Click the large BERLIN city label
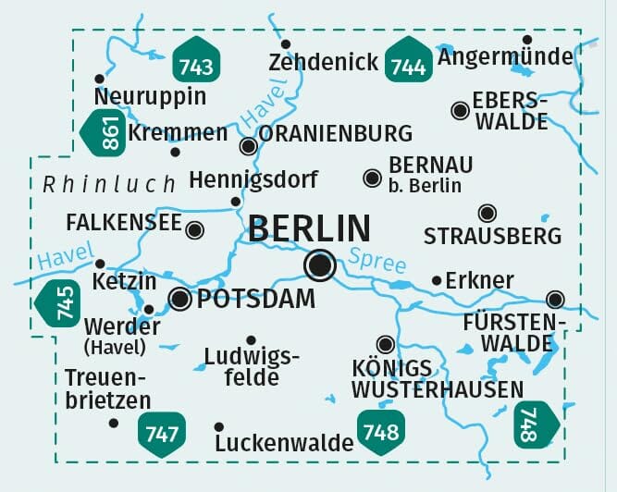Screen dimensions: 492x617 (x=310, y=228)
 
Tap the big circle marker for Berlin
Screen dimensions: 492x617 (x=320, y=266)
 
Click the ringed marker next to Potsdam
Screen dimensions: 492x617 (x=180, y=298)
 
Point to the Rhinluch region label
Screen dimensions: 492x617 (x=109, y=184)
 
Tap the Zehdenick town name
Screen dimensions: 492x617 (x=323, y=63)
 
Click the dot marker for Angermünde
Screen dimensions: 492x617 (x=526, y=40)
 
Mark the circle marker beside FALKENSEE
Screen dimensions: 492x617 (x=194, y=229)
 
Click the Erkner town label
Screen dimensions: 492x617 (x=479, y=280)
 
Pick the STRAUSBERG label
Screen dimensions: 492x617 (x=492, y=236)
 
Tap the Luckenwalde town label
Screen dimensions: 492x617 (x=283, y=443)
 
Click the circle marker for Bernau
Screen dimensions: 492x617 (x=372, y=177)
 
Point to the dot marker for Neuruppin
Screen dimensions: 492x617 (x=99, y=79)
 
